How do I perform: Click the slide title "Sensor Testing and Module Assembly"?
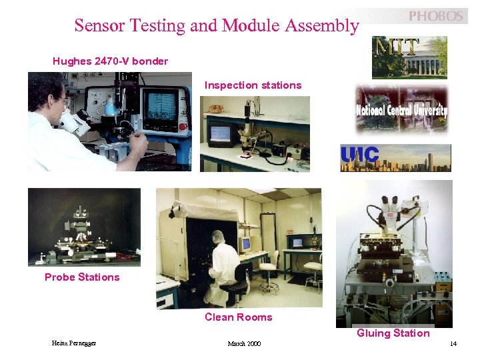pyautogui.click(x=217, y=26)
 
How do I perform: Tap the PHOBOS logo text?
pyautogui.click(x=435, y=16)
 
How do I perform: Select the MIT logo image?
pyautogui.click(x=409, y=57)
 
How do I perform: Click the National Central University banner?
pyautogui.click(x=401, y=109)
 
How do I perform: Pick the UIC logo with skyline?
pyautogui.click(x=395, y=158)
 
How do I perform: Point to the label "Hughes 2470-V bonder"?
pyautogui.click(x=110, y=61)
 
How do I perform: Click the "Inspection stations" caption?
pyautogui.click(x=253, y=85)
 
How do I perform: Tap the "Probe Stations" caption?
pyautogui.click(x=82, y=277)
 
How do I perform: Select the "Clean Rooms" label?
pyautogui.click(x=238, y=317)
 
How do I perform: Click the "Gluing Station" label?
pyautogui.click(x=393, y=333)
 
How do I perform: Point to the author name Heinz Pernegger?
pyautogui.click(x=74, y=343)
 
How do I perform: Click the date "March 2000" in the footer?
pyautogui.click(x=244, y=344)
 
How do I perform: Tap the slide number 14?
pyautogui.click(x=453, y=344)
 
